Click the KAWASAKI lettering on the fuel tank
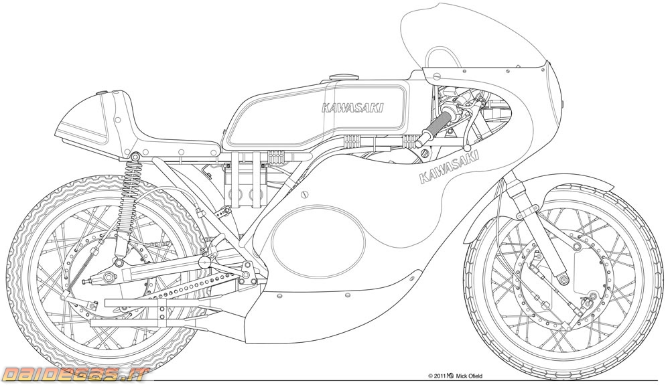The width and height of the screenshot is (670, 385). click(x=352, y=108)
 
